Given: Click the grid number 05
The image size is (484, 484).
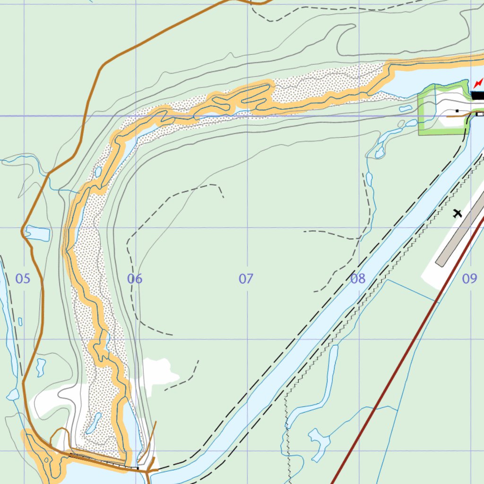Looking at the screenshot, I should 23,279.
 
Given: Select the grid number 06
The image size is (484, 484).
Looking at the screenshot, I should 135,279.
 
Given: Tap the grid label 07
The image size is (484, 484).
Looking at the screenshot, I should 246,279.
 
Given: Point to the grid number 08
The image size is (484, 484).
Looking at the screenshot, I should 358,279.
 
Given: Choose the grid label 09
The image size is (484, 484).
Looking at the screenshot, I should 469,279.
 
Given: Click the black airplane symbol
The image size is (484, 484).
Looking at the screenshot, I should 457,213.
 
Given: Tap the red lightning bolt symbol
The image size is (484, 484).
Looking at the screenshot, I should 478,84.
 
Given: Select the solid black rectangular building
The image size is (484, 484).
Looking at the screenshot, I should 478,95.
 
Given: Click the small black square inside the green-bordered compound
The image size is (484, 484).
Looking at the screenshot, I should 457,111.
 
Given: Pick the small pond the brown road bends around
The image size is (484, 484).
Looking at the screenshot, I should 38,233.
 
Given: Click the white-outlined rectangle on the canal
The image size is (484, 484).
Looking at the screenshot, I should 480,114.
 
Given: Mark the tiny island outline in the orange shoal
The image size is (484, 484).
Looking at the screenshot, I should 46,459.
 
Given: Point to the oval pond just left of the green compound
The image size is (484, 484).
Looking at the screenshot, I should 406,109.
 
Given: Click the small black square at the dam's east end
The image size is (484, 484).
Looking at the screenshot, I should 138,468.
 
